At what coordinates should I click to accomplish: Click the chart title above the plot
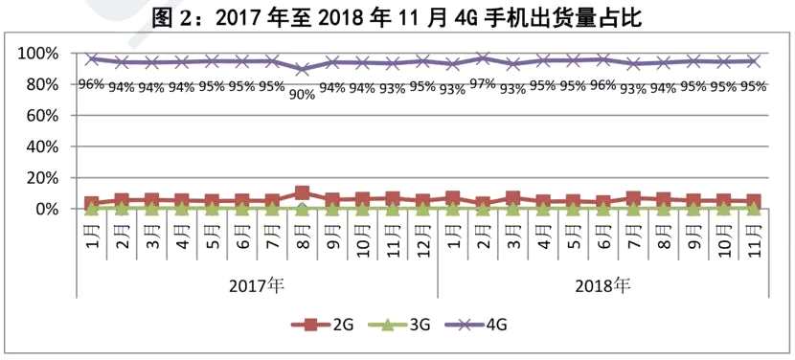tap(397, 16)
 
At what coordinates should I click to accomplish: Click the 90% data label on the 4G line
tap(303, 94)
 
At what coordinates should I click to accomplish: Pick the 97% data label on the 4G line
tap(484, 83)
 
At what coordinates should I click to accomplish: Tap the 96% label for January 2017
tap(91, 83)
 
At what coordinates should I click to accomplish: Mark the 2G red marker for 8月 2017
tap(303, 193)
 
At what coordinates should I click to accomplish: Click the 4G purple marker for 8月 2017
tap(303, 69)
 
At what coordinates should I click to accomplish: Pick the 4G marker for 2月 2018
tap(483, 58)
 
